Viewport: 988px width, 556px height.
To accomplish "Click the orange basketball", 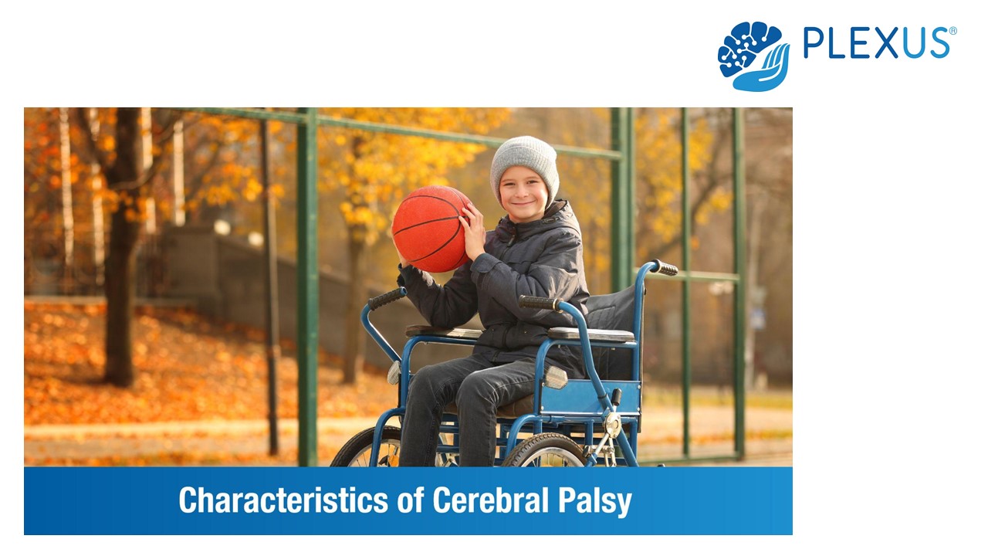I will coord(430,229).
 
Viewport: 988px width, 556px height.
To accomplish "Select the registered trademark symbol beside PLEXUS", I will coord(952,31).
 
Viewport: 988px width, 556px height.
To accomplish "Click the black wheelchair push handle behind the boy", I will coord(664,267).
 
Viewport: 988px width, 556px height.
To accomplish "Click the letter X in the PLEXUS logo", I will coord(886,43).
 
